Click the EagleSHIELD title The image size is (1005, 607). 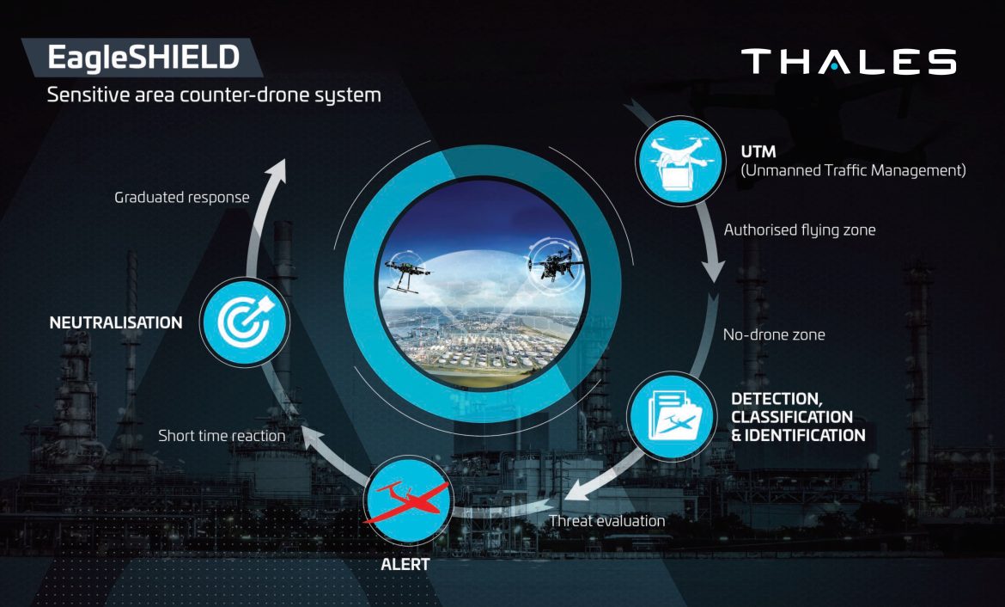[143, 58]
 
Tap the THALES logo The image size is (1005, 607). [849, 62]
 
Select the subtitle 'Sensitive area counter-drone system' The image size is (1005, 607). [214, 95]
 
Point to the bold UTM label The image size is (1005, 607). [758, 152]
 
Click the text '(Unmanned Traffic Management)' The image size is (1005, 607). [853, 171]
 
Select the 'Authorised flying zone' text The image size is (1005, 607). [800, 230]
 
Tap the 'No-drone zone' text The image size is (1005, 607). [774, 334]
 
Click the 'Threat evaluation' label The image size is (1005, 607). [606, 520]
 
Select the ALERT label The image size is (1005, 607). [405, 566]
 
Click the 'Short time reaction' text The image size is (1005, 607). [222, 436]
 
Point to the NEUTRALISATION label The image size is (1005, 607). [116, 323]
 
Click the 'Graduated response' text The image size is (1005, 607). [182, 198]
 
